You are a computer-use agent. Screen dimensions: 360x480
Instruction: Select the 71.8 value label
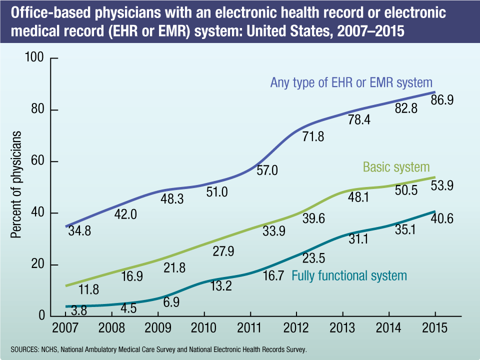tap(313, 135)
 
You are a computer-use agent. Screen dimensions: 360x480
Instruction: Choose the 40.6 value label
tap(442, 218)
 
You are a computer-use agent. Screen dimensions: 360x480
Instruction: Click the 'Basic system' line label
tap(396, 166)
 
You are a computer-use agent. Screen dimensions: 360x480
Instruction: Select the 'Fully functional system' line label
tap(349, 275)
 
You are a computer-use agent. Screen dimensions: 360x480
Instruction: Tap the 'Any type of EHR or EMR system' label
tap(351, 82)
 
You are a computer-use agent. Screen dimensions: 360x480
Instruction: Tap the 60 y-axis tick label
tap(38, 162)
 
